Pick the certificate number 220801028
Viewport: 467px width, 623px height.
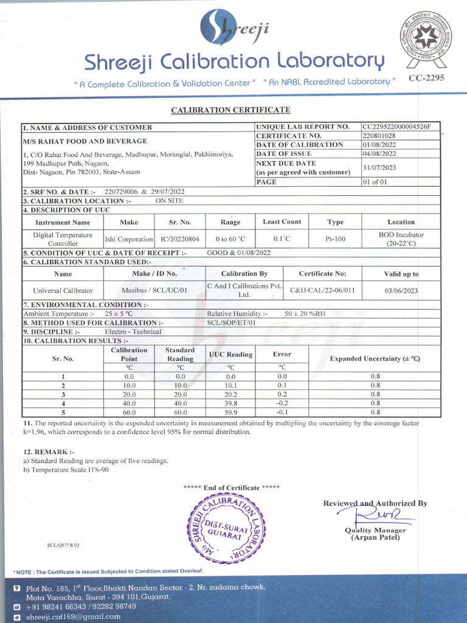pyautogui.click(x=379, y=136)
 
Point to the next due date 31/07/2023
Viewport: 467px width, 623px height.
pyautogui.click(x=379, y=167)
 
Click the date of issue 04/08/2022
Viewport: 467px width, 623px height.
pyautogui.click(x=379, y=154)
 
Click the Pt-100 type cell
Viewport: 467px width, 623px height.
pyautogui.click(x=335, y=239)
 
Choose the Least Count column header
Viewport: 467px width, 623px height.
pyautogui.click(x=282, y=222)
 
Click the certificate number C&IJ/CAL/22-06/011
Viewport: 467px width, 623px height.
pyautogui.click(x=322, y=290)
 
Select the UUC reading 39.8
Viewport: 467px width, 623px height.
pyautogui.click(x=230, y=403)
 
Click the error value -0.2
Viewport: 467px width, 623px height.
pyautogui.click(x=282, y=403)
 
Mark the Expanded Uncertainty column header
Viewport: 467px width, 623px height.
pyautogui.click(x=375, y=358)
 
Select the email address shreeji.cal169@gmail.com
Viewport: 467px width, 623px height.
pyautogui.click(x=73, y=616)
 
